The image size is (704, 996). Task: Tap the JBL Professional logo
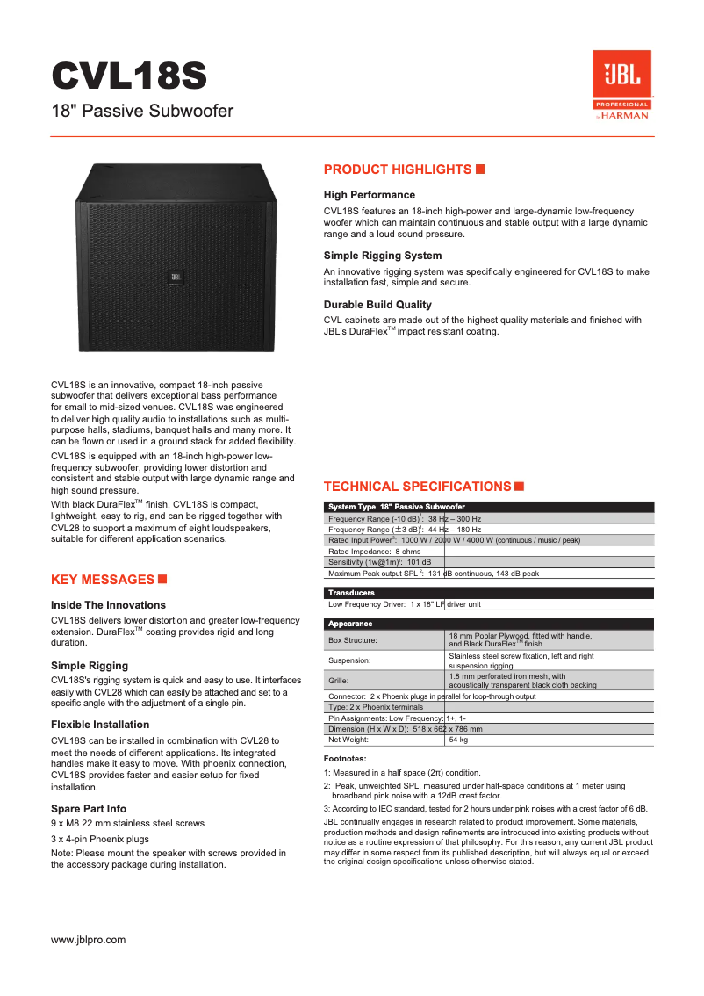[622, 84]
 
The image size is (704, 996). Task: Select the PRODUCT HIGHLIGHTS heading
[398, 170]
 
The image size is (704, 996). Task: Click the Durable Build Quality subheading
[377, 305]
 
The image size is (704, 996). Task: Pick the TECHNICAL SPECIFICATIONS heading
[417, 487]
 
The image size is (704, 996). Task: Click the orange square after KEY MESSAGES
[162, 579]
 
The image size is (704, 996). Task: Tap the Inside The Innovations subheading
[108, 605]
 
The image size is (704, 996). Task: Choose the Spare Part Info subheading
[89, 808]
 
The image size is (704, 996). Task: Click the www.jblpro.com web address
[89, 940]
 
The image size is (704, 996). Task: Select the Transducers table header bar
[489, 593]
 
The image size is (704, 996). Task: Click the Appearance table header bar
[489, 624]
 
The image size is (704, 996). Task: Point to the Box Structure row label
[353, 640]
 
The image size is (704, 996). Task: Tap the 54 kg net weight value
[458, 740]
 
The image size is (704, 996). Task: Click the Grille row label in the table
[339, 681]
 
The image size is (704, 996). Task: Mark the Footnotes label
[345, 758]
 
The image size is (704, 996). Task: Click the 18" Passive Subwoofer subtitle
[142, 112]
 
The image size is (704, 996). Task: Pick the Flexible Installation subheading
[100, 725]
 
